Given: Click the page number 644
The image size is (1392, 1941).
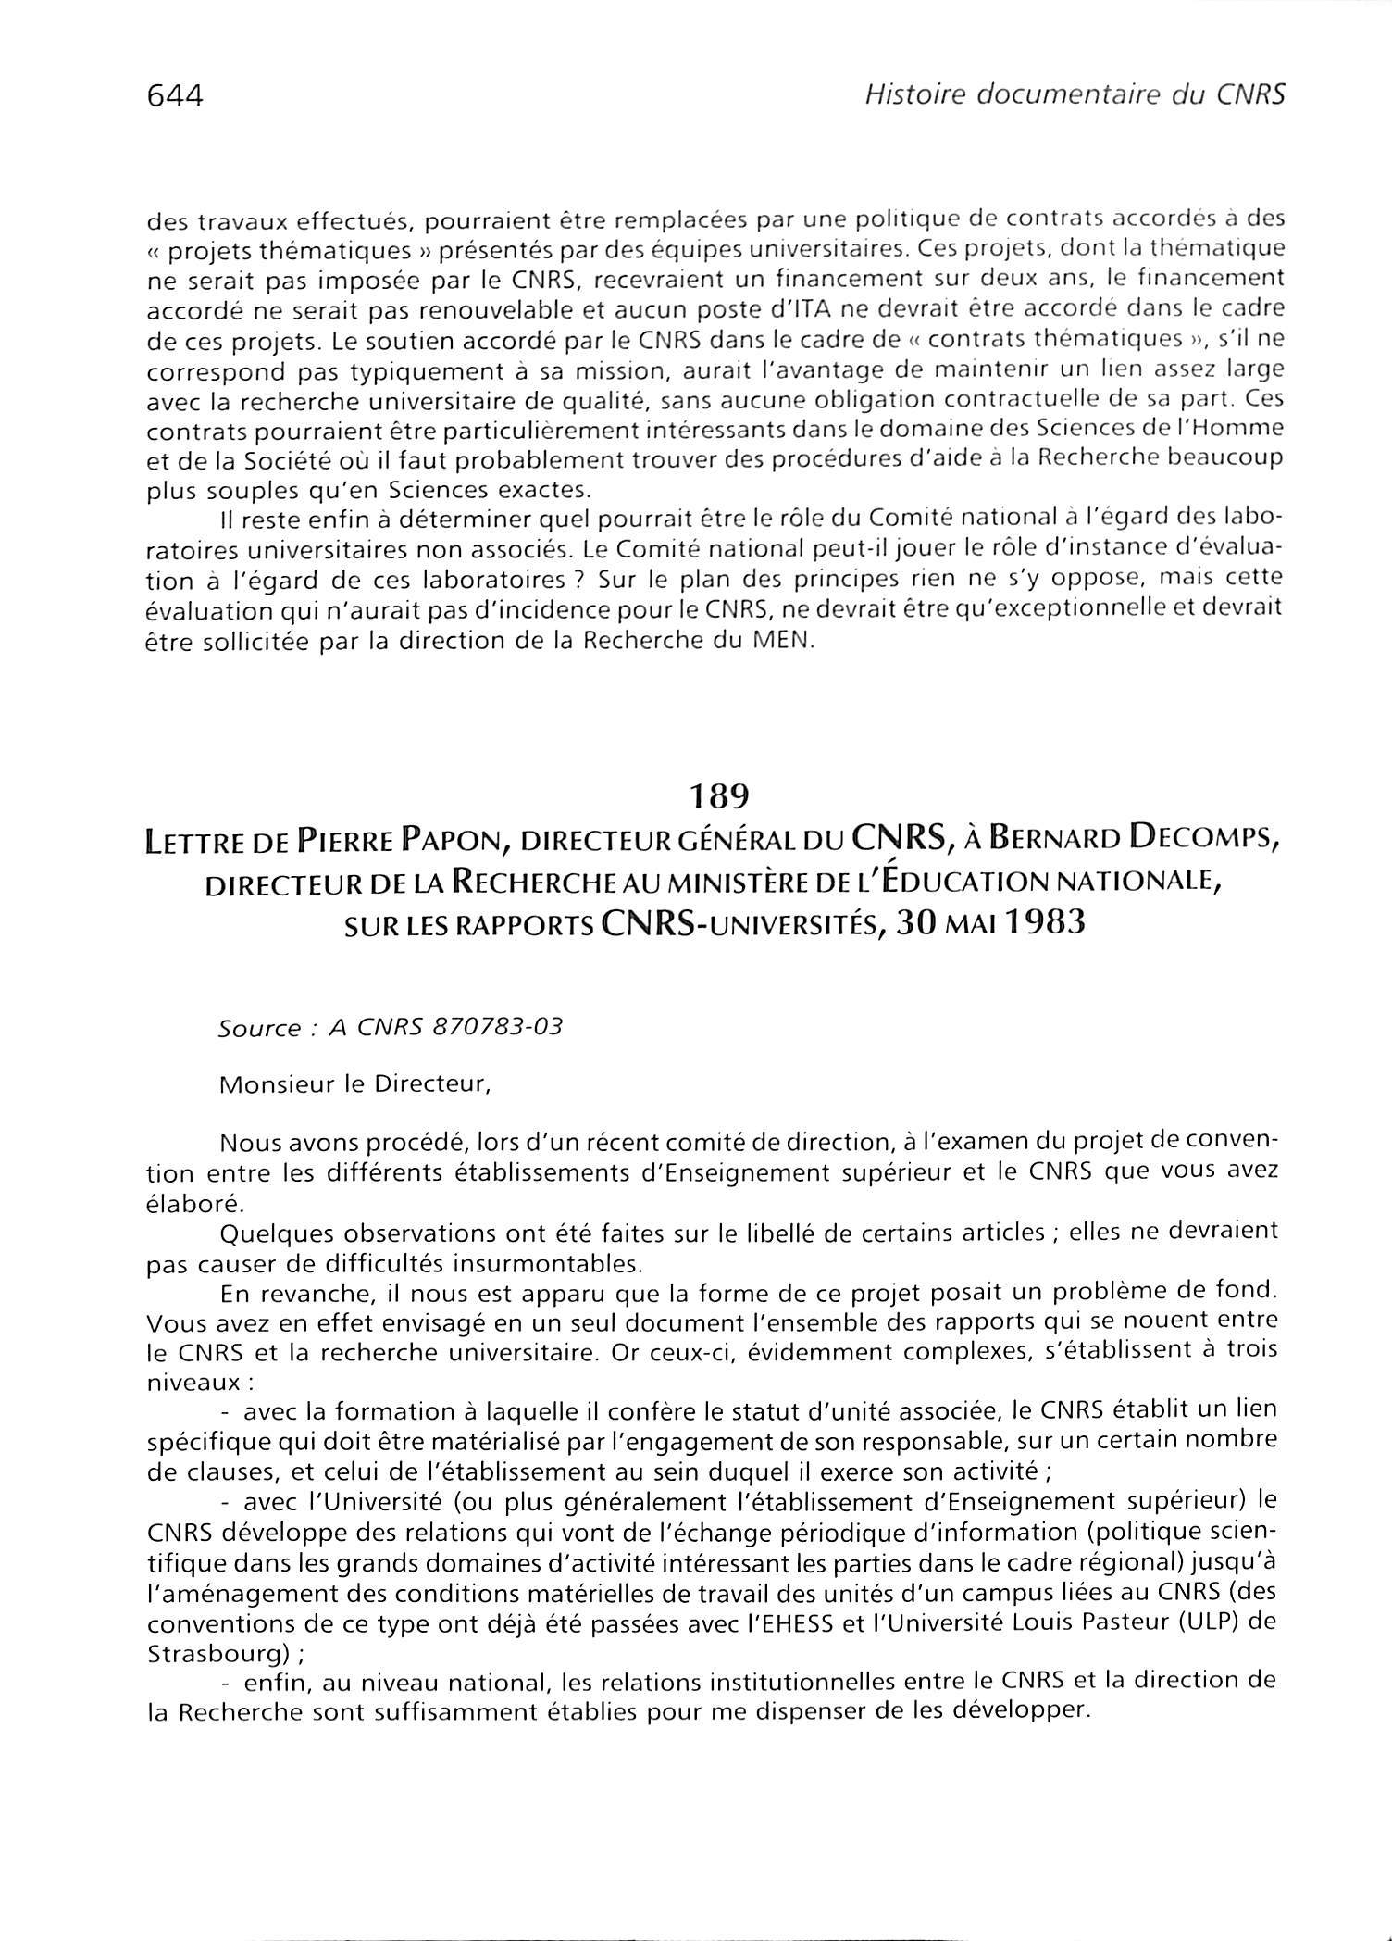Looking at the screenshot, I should (174, 95).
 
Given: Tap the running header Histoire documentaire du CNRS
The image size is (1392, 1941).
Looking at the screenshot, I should (1073, 94).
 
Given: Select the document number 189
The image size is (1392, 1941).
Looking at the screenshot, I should (717, 795).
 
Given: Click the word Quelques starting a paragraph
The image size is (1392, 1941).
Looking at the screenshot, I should (267, 1233).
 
